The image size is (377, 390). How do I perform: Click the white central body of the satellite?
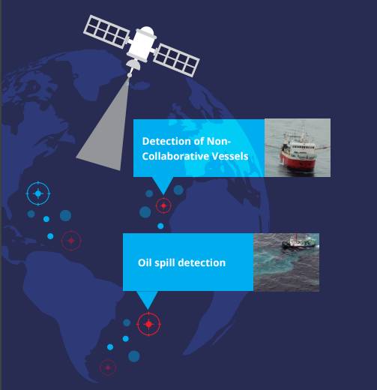point(142,43)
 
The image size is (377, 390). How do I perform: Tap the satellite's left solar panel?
point(106,31)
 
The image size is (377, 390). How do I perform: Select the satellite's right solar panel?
point(176,60)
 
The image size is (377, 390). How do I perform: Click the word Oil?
point(144,262)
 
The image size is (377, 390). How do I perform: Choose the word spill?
point(165,263)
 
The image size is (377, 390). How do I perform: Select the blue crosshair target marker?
point(38,193)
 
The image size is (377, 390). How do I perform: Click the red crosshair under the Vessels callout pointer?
point(163,205)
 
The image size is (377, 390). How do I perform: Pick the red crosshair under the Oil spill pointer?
point(148,324)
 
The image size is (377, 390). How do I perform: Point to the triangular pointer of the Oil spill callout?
point(148,299)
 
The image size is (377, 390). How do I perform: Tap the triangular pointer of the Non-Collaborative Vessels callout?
point(163,185)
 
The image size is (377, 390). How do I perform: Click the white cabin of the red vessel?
point(300,148)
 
